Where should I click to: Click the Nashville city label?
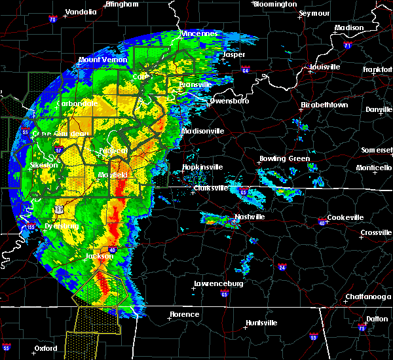pyautogui.click(x=250, y=217)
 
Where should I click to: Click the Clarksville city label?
pyautogui.click(x=211, y=189)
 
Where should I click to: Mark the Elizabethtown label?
pyautogui.click(x=324, y=105)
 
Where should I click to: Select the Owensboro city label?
pyautogui.click(x=229, y=101)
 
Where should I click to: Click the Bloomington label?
pyautogui.click(x=275, y=4)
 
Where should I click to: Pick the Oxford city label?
pyautogui.click(x=45, y=348)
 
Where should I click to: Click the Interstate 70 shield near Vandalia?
pyautogui.click(x=52, y=20)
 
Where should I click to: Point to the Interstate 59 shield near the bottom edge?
pyautogui.click(x=313, y=337)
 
